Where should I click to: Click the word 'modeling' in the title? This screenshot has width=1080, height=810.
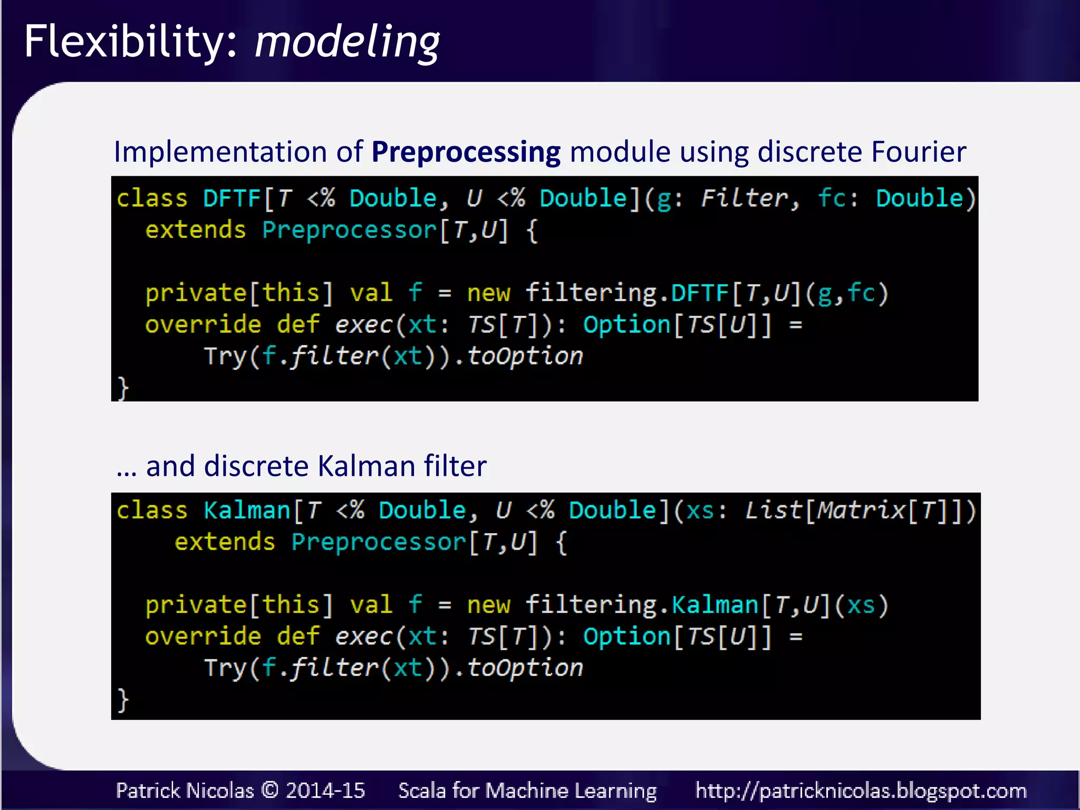point(347,42)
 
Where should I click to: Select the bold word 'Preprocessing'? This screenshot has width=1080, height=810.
point(466,152)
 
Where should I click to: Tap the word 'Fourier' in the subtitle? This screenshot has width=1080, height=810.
point(918,152)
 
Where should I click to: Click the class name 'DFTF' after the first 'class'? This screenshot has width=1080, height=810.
point(232,199)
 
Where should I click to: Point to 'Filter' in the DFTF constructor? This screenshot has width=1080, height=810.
point(744,199)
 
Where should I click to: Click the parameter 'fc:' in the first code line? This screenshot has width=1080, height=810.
point(838,199)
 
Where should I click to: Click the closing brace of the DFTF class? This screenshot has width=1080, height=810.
point(122,389)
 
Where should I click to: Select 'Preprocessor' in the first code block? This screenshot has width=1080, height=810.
point(349,230)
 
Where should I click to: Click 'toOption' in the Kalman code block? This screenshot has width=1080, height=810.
point(525,668)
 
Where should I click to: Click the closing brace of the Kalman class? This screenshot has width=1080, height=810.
point(122,700)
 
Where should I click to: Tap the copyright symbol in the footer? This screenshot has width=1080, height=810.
point(269,790)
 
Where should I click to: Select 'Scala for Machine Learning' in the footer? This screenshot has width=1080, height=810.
point(527,790)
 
